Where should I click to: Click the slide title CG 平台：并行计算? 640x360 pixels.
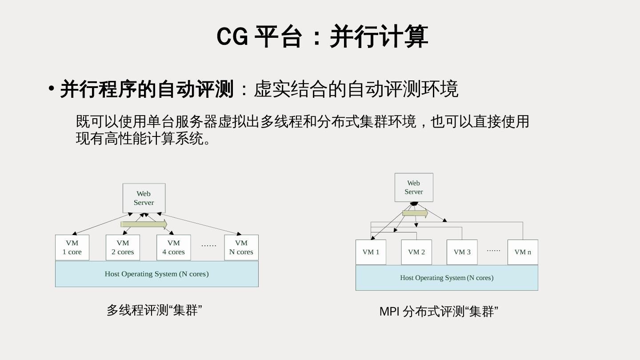point(322,36)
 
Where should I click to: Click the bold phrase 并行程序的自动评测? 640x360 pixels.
point(147,89)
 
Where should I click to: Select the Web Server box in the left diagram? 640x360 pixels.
point(144,198)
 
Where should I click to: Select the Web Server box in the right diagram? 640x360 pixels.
point(414,188)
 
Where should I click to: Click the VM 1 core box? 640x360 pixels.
point(72,248)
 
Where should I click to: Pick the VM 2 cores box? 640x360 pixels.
point(123,248)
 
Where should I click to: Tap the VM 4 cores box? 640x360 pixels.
point(174,248)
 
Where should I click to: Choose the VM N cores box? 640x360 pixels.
point(241,248)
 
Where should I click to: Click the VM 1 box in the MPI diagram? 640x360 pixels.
point(371,252)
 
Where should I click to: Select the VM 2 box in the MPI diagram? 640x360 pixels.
point(416,252)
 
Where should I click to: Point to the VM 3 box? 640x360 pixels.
point(462,252)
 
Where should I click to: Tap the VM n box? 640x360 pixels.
point(523,252)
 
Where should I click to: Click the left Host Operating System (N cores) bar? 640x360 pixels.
point(156,274)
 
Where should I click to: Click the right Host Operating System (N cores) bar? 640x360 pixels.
point(447,278)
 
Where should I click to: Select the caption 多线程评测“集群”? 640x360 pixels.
point(154,310)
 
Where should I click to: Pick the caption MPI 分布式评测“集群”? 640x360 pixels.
point(439,312)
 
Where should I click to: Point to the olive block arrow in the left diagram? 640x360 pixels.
point(144,224)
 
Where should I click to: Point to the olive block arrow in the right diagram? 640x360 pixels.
point(415,213)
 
